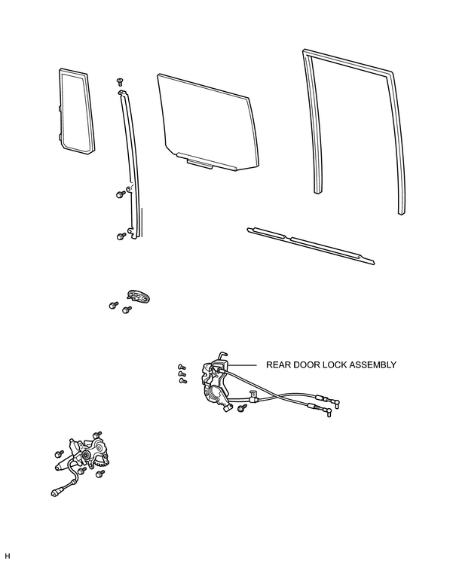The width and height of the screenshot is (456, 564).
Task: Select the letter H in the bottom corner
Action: click(x=8, y=556)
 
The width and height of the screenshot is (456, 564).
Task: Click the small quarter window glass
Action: click(x=76, y=111)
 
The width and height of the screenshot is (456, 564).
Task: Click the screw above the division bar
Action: click(x=120, y=81)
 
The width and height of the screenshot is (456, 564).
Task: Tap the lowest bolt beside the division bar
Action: click(x=121, y=236)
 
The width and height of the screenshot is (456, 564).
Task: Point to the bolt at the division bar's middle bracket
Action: click(x=121, y=194)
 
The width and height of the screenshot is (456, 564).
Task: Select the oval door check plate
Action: click(x=139, y=296)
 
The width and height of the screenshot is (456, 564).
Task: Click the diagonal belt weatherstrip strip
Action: click(x=311, y=245)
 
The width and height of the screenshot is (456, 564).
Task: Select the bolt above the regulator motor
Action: click(x=97, y=435)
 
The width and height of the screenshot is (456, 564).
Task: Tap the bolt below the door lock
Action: click(x=243, y=407)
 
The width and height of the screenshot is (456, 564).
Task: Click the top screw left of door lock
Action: click(x=182, y=367)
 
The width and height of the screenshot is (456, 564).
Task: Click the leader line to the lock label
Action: click(x=242, y=365)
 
